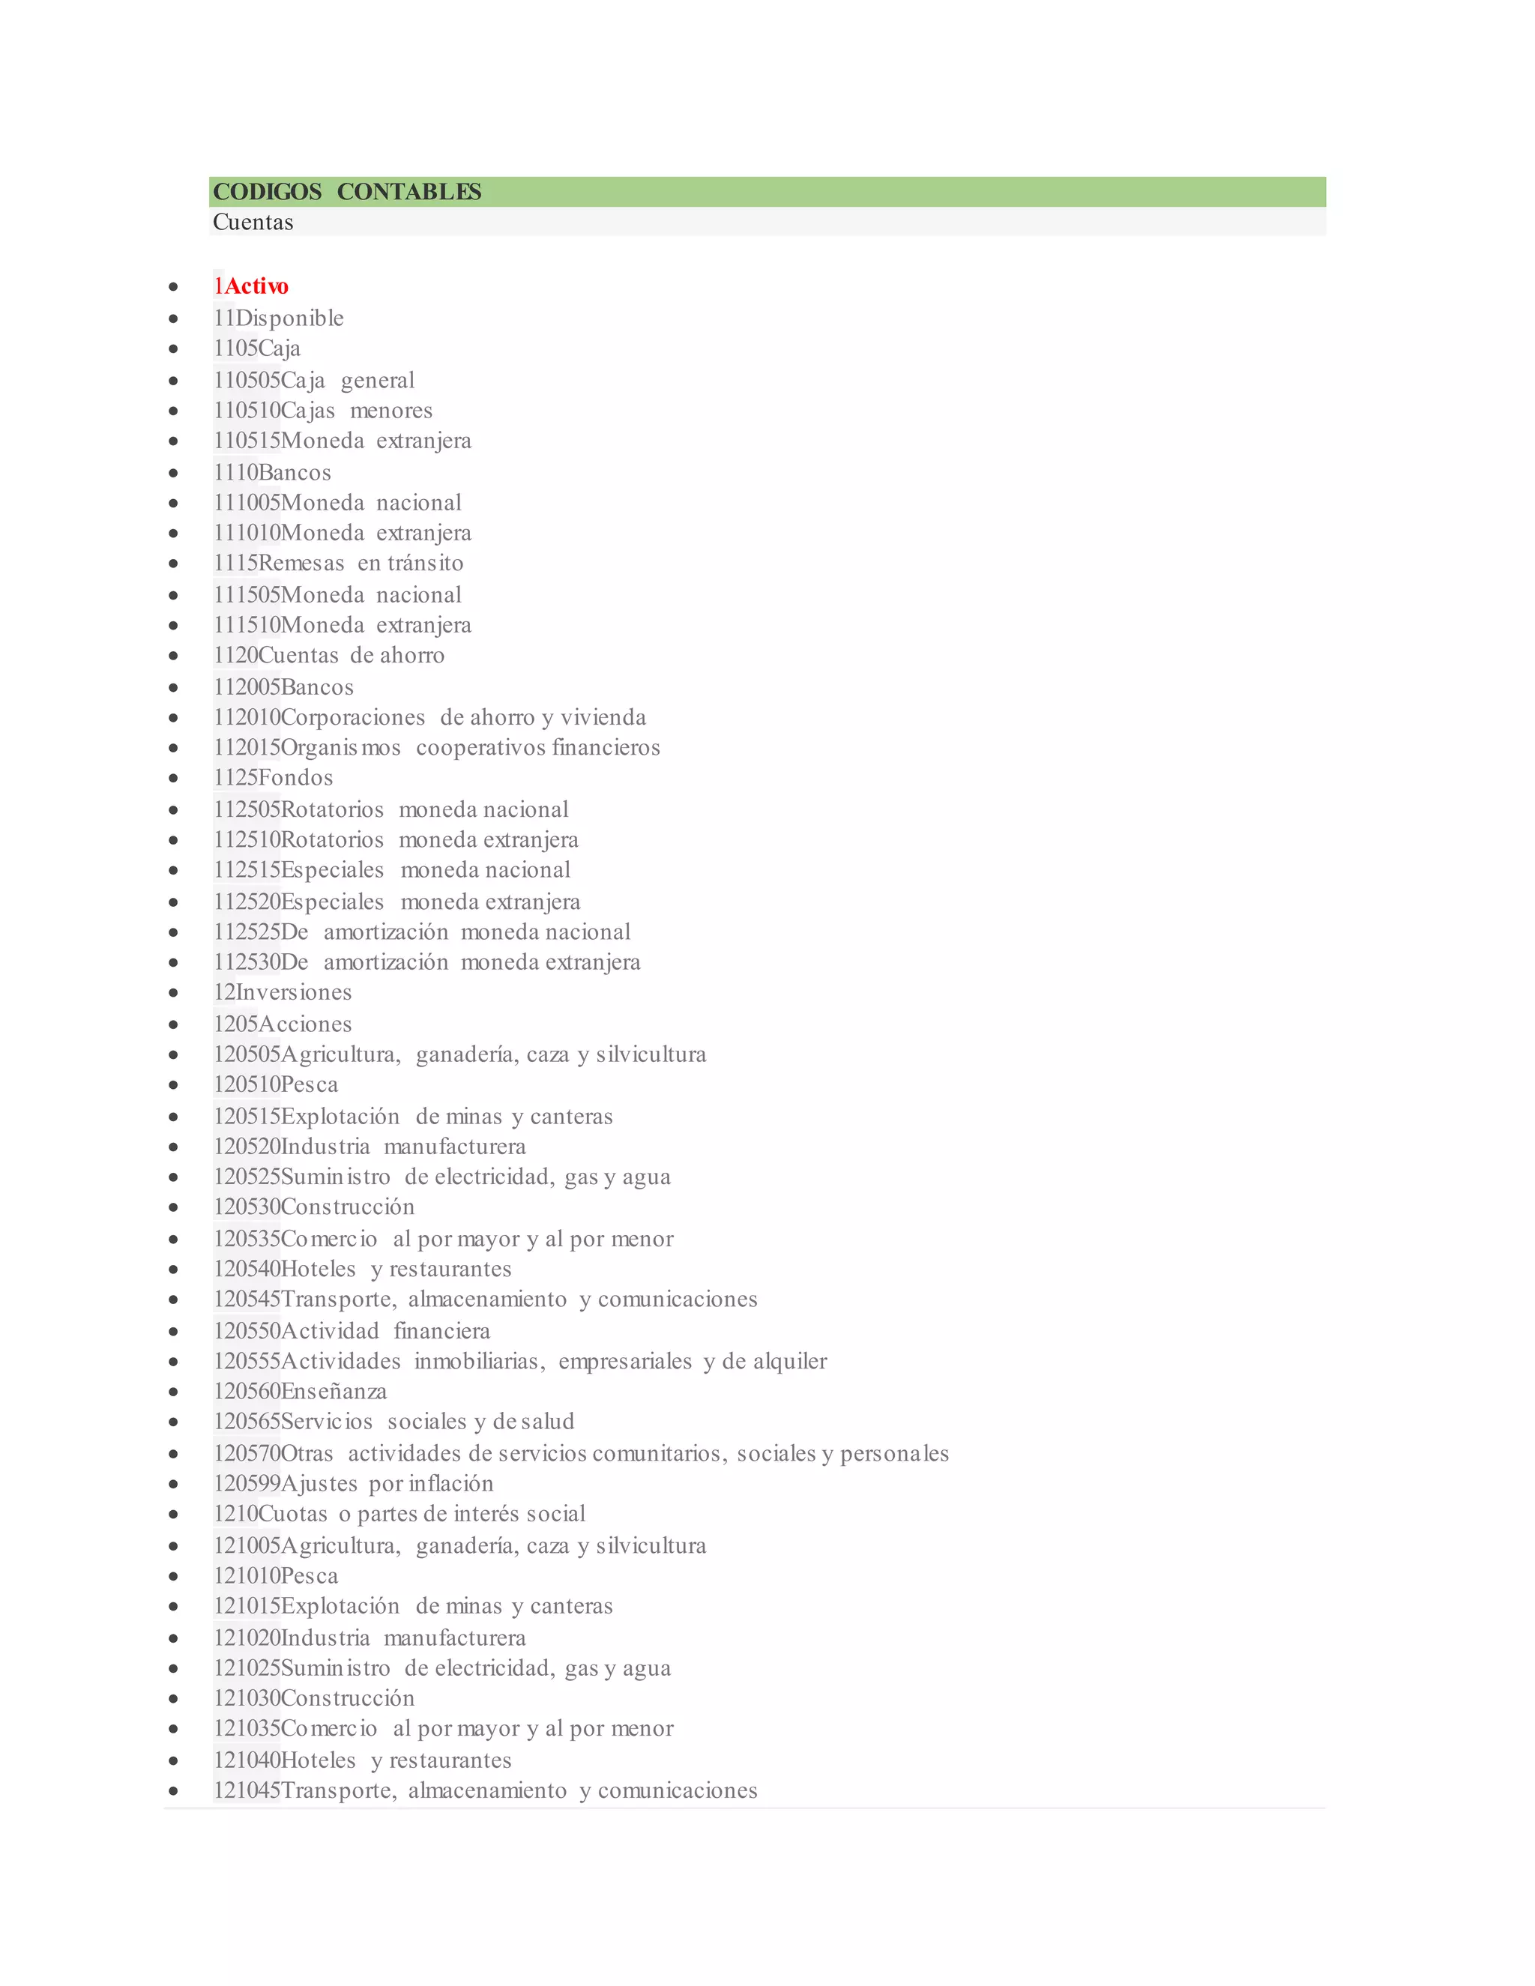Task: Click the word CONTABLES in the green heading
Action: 409,192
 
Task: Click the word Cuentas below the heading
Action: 253,222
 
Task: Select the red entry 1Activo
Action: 251,286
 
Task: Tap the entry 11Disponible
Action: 278,319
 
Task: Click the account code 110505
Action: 247,380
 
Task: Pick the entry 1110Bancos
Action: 272,473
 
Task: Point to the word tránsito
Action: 425,564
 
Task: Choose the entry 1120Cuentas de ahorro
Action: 328,656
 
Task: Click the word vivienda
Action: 603,717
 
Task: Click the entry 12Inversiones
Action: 282,993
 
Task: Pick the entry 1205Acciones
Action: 282,1024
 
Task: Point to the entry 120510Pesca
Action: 276,1085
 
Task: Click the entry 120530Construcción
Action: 314,1207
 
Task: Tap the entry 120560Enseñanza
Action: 300,1391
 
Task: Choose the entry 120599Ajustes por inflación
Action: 353,1484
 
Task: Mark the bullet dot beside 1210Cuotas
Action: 173,1515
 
